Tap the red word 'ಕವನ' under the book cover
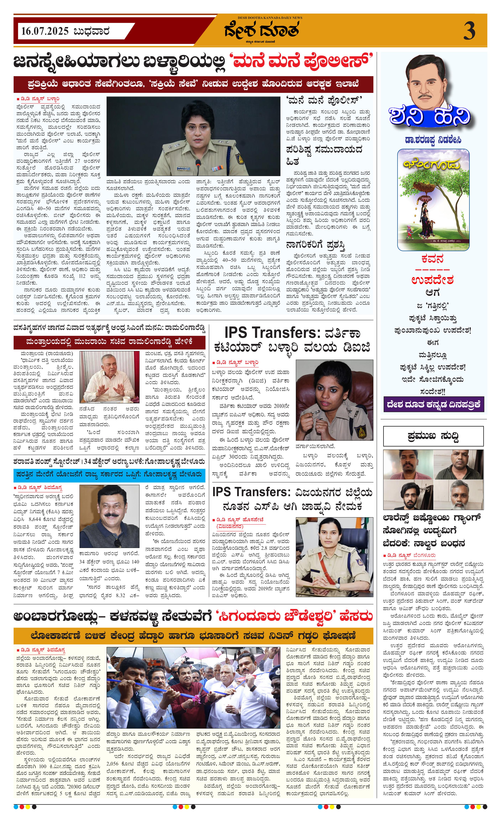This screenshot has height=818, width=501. pos(432,259)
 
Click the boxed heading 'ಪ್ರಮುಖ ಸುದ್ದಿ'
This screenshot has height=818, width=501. pos(433,436)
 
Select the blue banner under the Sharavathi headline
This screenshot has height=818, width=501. pos(109,474)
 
